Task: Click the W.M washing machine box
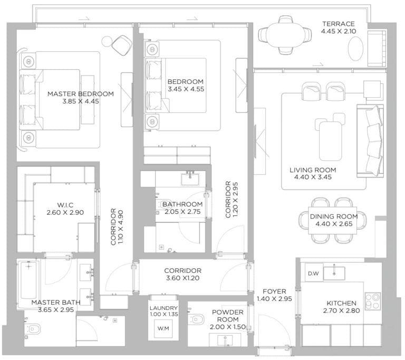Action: tap(163, 328)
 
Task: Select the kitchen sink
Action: tap(334, 272)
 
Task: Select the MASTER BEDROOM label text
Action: tap(80, 94)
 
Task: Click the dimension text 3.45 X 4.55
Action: tap(185, 90)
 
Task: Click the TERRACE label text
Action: tap(338, 24)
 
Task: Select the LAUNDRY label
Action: tap(163, 308)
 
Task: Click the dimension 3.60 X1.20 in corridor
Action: tap(182, 279)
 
